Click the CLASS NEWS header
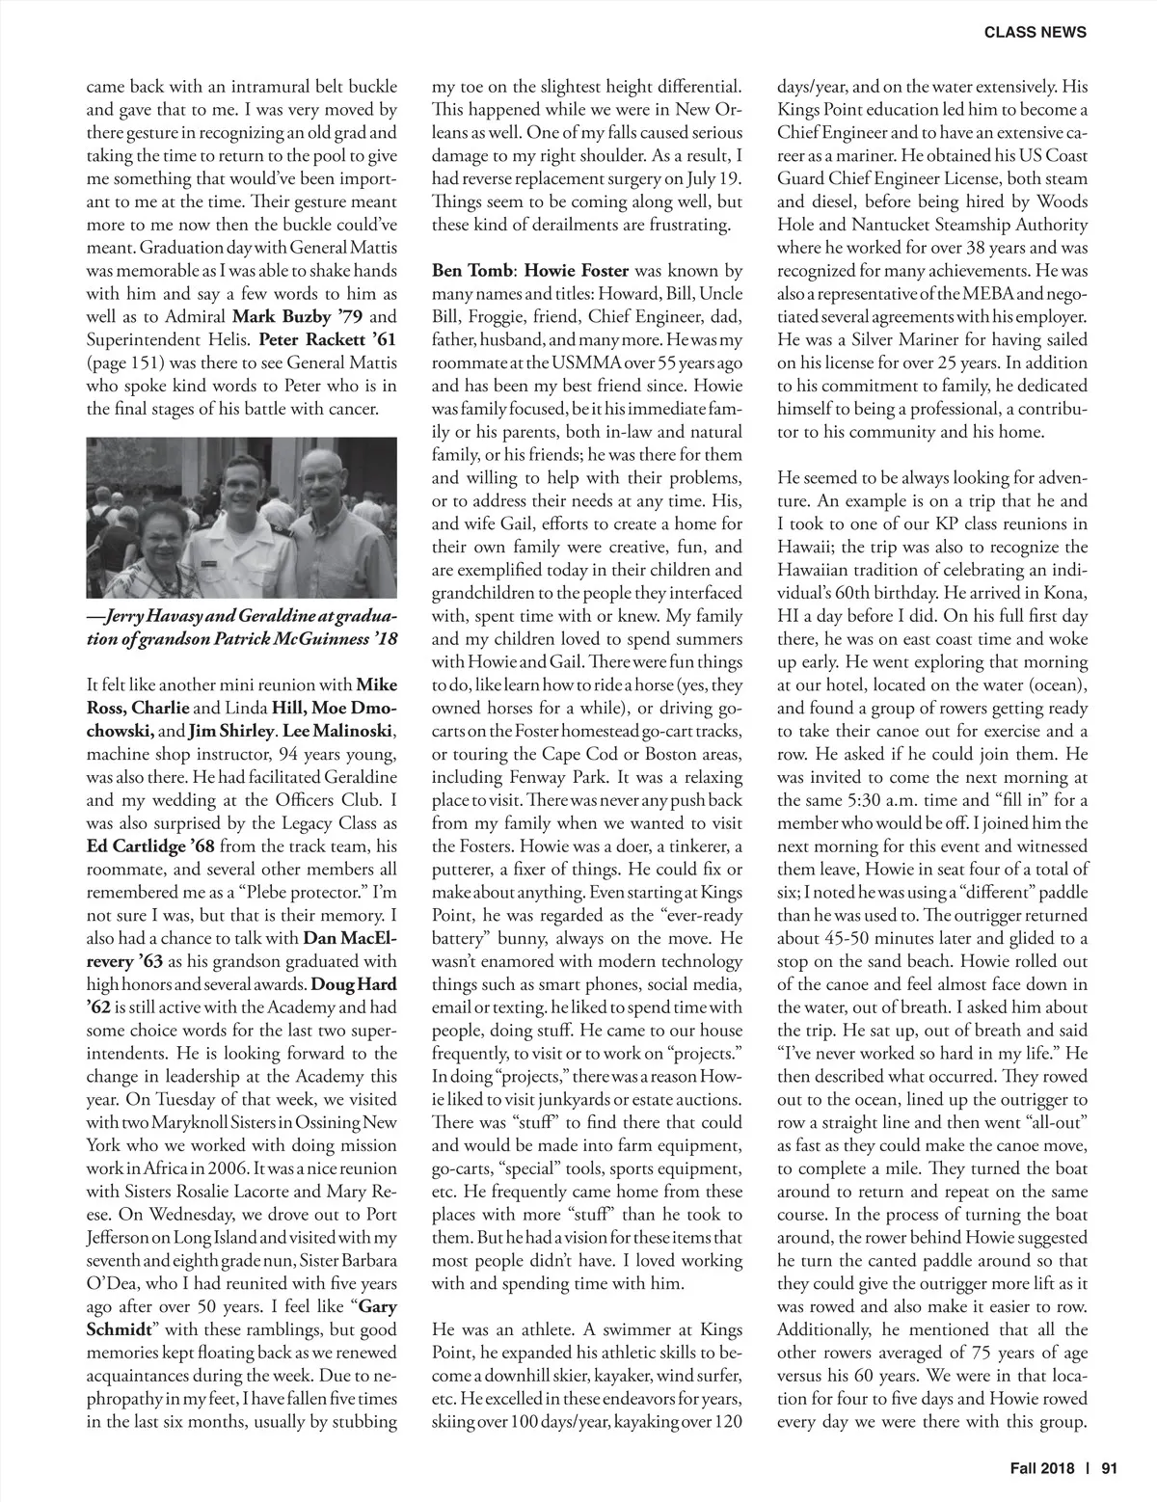tap(1035, 32)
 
